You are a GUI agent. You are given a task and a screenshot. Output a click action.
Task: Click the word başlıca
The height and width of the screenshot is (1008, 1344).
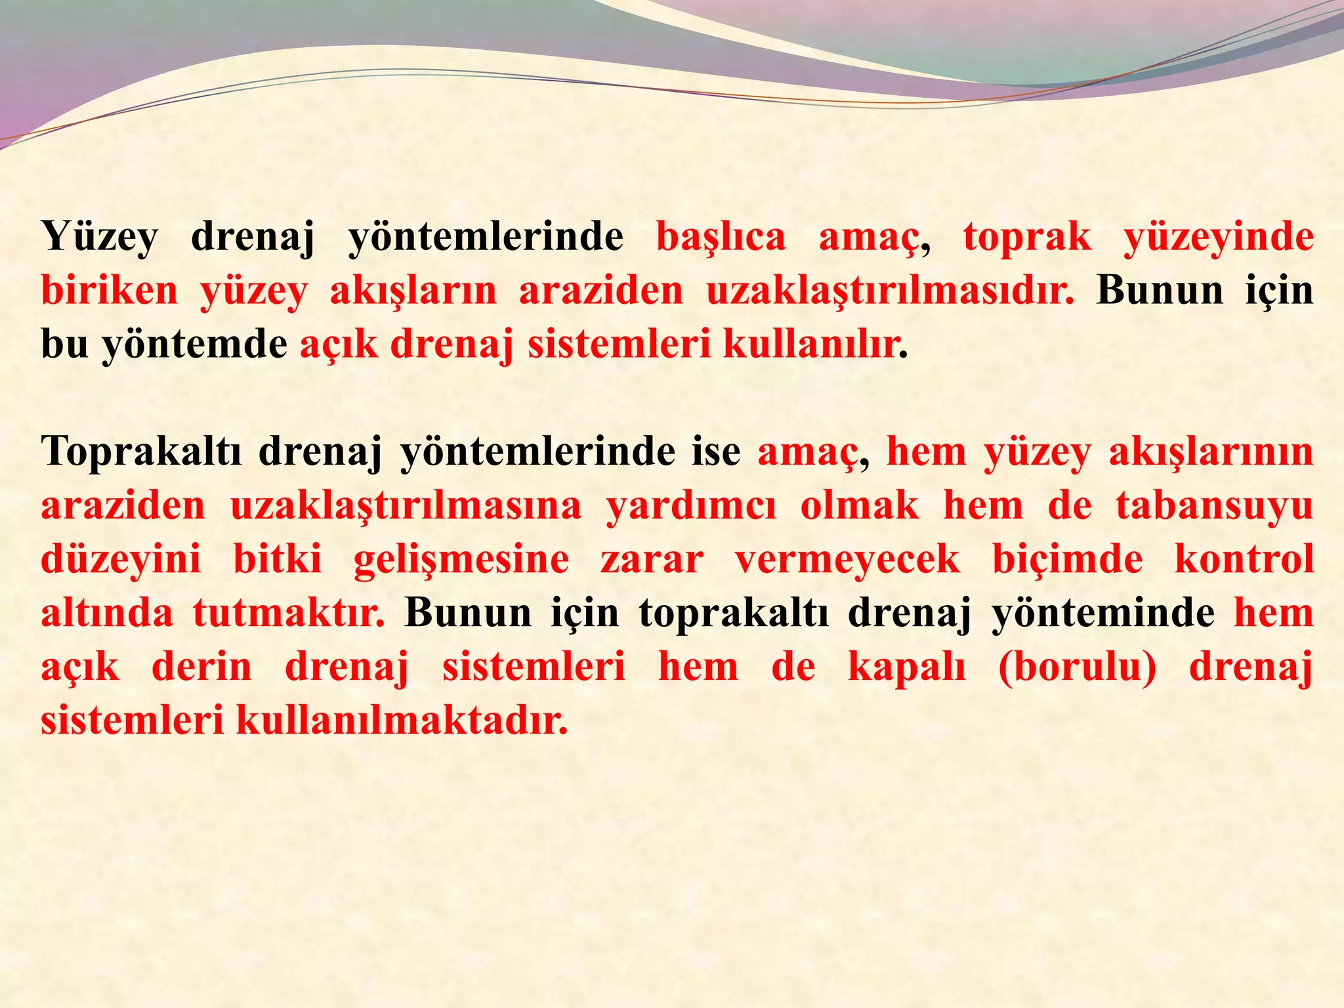click(721, 238)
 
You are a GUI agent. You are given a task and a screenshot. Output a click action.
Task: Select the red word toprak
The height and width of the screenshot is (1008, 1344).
click(1027, 238)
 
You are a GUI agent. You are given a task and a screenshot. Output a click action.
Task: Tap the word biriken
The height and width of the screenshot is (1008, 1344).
click(110, 291)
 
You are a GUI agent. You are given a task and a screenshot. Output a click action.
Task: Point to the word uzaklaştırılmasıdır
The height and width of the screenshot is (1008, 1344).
click(890, 291)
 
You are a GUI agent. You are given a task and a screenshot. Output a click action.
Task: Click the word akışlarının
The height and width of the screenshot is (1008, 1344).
click(1211, 452)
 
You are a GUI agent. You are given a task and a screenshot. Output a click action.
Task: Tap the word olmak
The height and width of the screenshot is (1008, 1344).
click(860, 506)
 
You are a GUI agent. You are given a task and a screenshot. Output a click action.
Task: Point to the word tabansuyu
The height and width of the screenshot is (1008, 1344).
click(1214, 506)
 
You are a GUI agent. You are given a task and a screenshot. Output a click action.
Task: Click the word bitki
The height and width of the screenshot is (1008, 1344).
click(278, 560)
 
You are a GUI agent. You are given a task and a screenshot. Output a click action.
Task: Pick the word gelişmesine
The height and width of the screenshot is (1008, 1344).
click(461, 560)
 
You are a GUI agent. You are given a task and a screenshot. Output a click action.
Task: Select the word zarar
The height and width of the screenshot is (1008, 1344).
click(652, 560)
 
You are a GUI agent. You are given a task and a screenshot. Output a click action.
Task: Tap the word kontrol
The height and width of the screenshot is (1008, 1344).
click(1244, 560)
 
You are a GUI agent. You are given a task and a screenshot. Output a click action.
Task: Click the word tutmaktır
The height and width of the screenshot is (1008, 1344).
click(289, 614)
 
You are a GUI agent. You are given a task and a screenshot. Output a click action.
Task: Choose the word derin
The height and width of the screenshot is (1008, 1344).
click(201, 667)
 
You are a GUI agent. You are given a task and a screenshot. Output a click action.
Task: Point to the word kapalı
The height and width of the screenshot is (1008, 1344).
click(906, 667)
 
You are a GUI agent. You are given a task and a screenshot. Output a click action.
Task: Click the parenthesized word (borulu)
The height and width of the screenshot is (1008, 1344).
click(1077, 667)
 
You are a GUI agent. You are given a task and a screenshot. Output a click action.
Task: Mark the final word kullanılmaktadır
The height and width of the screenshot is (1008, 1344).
click(401, 721)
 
